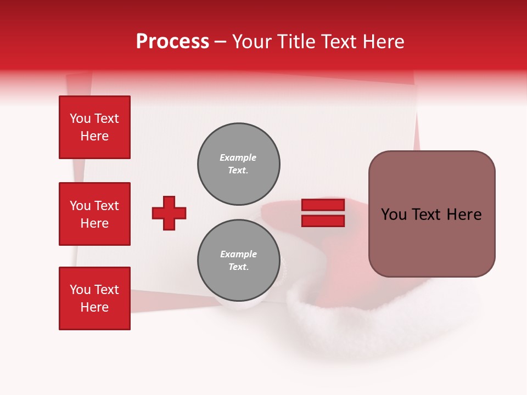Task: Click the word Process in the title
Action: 172,42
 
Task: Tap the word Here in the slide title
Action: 383,42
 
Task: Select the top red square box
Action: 94,127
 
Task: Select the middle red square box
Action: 94,214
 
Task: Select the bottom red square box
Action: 94,298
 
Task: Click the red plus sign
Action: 169,213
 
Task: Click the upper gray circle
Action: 239,164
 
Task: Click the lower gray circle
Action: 239,261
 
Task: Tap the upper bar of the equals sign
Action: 323,205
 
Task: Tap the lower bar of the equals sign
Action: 323,221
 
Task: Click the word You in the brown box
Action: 393,215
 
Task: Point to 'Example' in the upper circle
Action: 238,157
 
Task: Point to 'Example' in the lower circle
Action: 238,254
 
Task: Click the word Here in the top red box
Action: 94,136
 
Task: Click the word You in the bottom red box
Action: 80,290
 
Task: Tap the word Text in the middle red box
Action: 106,206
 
